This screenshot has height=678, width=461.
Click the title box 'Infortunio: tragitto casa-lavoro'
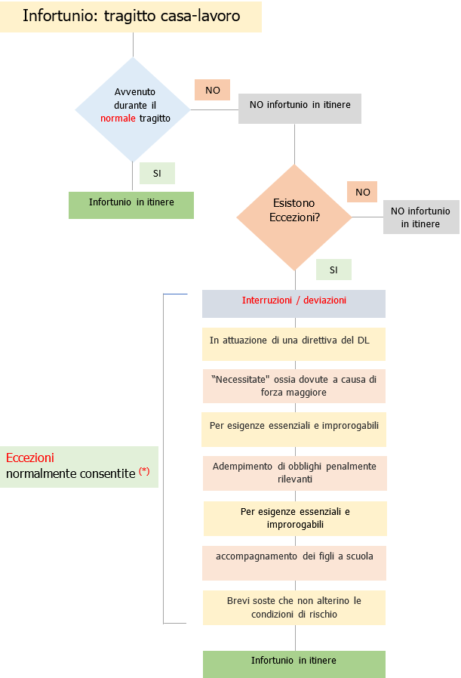(131, 17)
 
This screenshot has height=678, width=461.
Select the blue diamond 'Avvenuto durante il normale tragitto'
(133, 109)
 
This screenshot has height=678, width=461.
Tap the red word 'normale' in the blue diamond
(118, 119)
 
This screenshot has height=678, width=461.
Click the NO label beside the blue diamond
(212, 90)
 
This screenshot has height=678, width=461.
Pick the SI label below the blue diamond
(157, 173)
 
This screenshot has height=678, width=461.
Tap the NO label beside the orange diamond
(362, 192)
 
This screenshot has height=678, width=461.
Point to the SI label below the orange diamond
(333, 270)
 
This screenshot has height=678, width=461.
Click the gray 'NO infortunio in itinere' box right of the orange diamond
(420, 217)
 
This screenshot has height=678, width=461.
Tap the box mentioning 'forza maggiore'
(294, 386)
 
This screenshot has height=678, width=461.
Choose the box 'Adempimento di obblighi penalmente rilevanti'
(294, 473)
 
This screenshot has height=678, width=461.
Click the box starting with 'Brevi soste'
(294, 607)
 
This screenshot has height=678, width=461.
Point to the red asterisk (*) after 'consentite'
(144, 472)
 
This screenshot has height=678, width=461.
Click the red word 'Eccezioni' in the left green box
(30, 458)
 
